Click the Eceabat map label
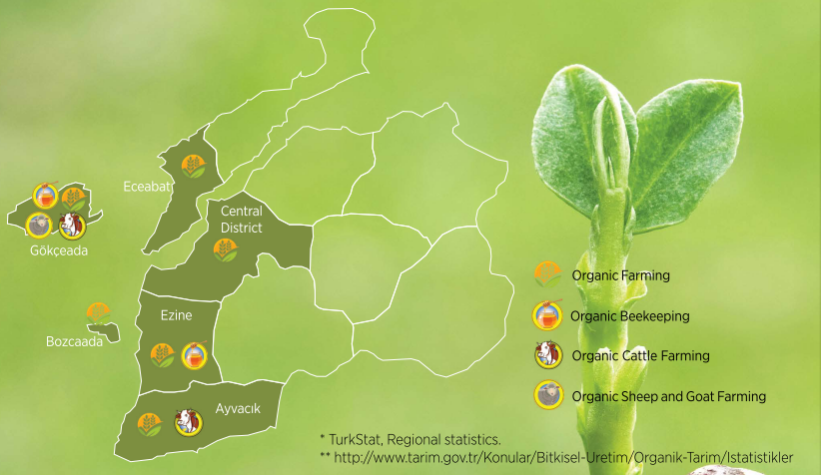click(x=147, y=187)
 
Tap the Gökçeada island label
click(x=59, y=250)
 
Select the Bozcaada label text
click(x=74, y=341)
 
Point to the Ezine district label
click(x=176, y=315)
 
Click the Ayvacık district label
click(x=238, y=408)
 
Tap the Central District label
click(x=242, y=220)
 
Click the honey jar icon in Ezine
click(x=194, y=355)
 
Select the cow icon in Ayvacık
click(x=189, y=422)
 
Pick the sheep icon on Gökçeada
click(x=39, y=226)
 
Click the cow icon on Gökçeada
click(x=72, y=226)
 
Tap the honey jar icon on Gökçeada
click(x=46, y=196)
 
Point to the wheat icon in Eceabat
click(x=194, y=167)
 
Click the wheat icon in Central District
click(x=226, y=250)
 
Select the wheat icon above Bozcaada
click(x=99, y=313)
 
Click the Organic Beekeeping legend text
click(x=630, y=316)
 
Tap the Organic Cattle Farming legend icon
click(x=548, y=355)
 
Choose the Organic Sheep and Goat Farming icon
click(x=548, y=395)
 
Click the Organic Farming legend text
click(x=620, y=275)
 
